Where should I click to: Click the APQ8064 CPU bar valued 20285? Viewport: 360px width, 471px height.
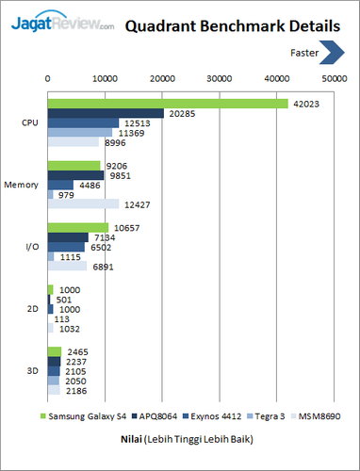tap(106, 113)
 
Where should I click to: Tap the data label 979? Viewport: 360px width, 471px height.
tap(67, 195)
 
